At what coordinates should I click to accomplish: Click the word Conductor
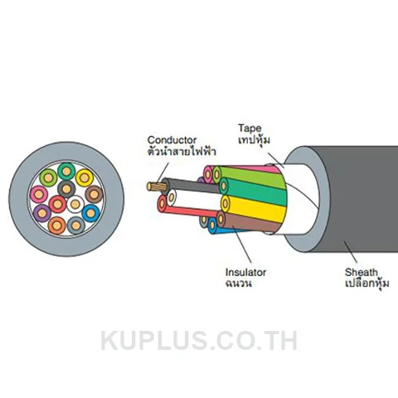click(x=172, y=140)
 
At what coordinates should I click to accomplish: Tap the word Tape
click(x=250, y=129)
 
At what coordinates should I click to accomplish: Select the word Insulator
click(x=245, y=272)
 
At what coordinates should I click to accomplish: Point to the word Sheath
click(x=361, y=272)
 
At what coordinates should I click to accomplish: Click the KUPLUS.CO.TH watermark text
click(x=199, y=341)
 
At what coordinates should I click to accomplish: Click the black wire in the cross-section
click(x=66, y=189)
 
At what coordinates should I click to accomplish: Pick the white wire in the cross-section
click(x=75, y=204)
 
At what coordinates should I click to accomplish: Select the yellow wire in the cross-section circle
click(x=85, y=178)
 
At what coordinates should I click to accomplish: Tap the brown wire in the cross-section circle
click(x=94, y=194)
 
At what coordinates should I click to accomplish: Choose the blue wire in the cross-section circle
click(x=90, y=213)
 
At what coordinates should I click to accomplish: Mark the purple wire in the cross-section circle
click(x=42, y=213)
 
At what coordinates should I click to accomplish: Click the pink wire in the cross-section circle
click(x=39, y=194)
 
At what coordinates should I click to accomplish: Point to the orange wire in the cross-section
click(x=57, y=226)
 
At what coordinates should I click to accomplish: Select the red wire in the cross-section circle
click(x=57, y=204)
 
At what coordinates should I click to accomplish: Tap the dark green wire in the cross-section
click(x=66, y=172)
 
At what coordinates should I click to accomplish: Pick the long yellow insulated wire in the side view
click(x=254, y=208)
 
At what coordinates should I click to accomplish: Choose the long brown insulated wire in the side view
click(x=248, y=222)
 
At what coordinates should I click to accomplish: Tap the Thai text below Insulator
click(x=239, y=284)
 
